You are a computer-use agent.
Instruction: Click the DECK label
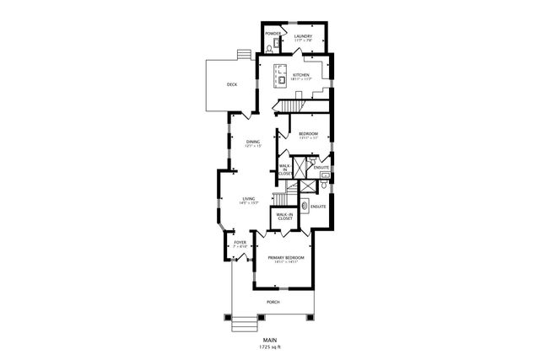pyautogui.click(x=231, y=84)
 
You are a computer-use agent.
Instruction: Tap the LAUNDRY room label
pyautogui.click(x=303, y=35)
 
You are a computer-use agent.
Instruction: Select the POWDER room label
pyautogui.click(x=273, y=34)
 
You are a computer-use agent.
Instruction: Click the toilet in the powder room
pyautogui.click(x=269, y=50)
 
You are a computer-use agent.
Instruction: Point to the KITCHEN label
pyautogui.click(x=301, y=76)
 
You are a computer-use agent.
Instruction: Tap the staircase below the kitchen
pyautogui.click(x=291, y=105)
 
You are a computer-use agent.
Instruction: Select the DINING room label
pyautogui.click(x=252, y=142)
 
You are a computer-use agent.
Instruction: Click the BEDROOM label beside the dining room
pyautogui.click(x=309, y=134)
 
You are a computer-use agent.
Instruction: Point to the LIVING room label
pyautogui.click(x=249, y=199)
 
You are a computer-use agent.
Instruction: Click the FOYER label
pyautogui.click(x=240, y=244)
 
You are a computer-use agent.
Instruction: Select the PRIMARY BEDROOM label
pyautogui.click(x=286, y=257)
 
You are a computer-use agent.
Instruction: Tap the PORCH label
pyautogui.click(x=273, y=301)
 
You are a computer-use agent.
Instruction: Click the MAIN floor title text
pyautogui.click(x=270, y=340)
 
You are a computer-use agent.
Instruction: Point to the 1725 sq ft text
pyautogui.click(x=270, y=347)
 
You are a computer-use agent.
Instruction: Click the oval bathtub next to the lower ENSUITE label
pyautogui.click(x=304, y=206)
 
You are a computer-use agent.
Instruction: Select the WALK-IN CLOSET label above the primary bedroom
pyautogui.click(x=284, y=217)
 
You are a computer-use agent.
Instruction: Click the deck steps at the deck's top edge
pyautogui.click(x=243, y=55)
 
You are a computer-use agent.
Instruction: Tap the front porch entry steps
pyautogui.click(x=243, y=322)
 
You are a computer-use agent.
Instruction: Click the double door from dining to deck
pyautogui.click(x=243, y=112)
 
